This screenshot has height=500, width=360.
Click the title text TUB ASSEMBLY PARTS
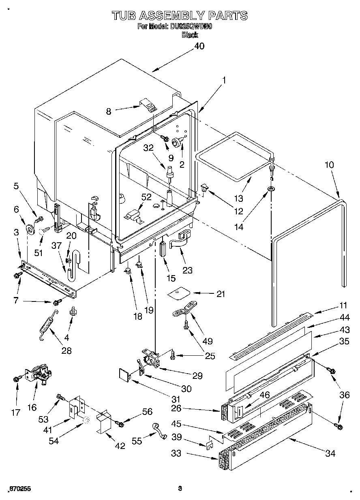tap(180, 15)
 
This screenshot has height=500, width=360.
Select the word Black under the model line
tap(190, 35)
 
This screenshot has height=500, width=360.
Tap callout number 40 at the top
tap(199, 46)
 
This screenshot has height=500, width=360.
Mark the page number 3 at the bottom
tap(180, 488)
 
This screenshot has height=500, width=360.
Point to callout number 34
tap(330, 453)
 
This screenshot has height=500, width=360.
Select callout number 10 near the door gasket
tap(329, 165)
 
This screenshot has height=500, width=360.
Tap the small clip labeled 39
tap(210, 444)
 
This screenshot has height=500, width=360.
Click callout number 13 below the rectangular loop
tap(238, 198)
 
